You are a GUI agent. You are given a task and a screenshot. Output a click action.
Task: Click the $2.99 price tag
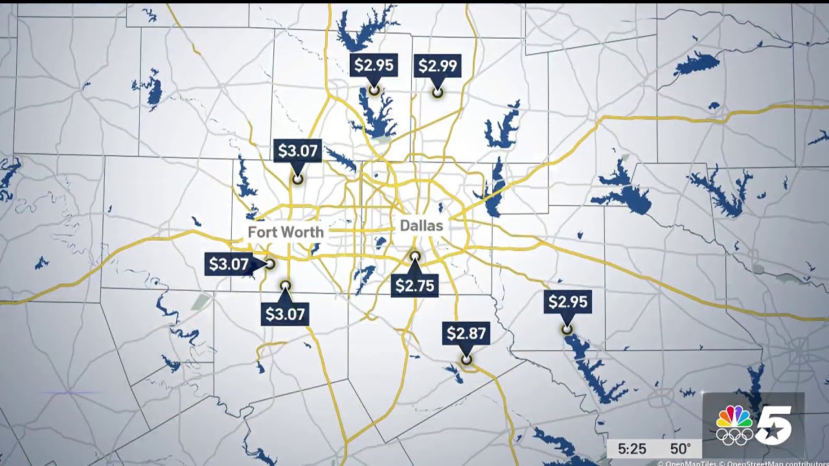pos(437,65)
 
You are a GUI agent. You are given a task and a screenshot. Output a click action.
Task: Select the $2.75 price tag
pos(414,285)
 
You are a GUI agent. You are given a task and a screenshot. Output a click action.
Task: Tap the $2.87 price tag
pos(466,333)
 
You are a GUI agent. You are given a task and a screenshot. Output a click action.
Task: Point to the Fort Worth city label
pos(286,231)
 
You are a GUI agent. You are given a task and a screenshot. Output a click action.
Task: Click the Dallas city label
pos(421,226)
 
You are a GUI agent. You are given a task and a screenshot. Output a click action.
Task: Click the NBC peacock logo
pos(734,416)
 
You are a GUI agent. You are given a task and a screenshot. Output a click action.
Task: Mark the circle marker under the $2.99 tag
pos(437,93)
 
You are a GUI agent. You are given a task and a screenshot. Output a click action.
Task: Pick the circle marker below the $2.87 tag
pos(466,360)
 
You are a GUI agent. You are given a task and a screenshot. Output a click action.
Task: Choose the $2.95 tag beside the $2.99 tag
pos(373,65)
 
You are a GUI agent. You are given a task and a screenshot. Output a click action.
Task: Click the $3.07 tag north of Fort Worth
pos(297,151)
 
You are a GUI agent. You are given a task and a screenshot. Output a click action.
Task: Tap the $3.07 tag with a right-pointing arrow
pos(228,264)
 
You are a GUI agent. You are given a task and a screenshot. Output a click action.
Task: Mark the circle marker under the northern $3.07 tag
pos(297,179)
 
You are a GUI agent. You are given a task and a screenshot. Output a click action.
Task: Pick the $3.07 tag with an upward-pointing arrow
pos(285,315)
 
